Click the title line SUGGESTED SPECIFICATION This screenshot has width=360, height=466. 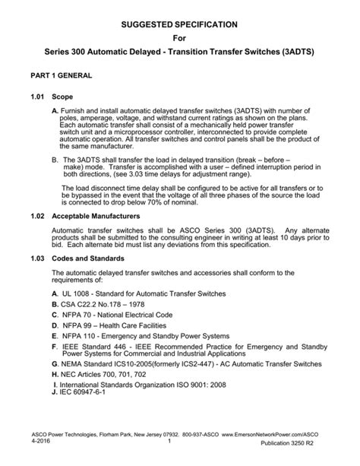coord(180,25)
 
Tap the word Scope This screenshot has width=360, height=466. coord(63,97)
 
